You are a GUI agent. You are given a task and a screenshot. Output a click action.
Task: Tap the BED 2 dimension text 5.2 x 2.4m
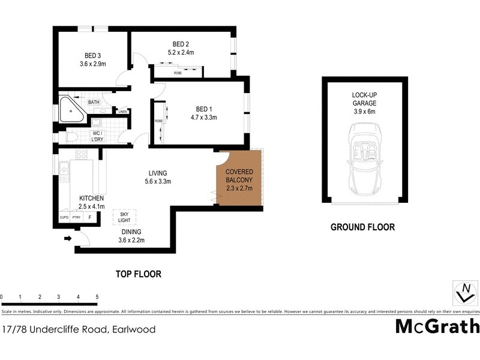[x=181, y=53]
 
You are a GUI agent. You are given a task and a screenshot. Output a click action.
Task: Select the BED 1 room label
[x=205, y=109]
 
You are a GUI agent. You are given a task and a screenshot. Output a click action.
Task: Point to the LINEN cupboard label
[x=122, y=112]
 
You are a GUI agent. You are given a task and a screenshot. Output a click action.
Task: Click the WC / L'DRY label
[x=97, y=135]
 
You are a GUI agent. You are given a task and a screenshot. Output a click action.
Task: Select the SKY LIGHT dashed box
[x=125, y=217]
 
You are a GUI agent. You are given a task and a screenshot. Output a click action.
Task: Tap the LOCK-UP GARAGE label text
[x=364, y=99]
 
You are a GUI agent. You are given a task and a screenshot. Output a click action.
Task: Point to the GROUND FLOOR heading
[x=362, y=227]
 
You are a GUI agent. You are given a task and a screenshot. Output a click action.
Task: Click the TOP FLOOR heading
[x=139, y=274]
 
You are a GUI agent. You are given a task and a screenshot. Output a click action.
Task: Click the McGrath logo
[x=437, y=326]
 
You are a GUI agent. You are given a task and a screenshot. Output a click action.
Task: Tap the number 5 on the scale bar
[x=97, y=297]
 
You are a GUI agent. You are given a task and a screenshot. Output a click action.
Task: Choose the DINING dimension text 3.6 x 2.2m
[x=131, y=241]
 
